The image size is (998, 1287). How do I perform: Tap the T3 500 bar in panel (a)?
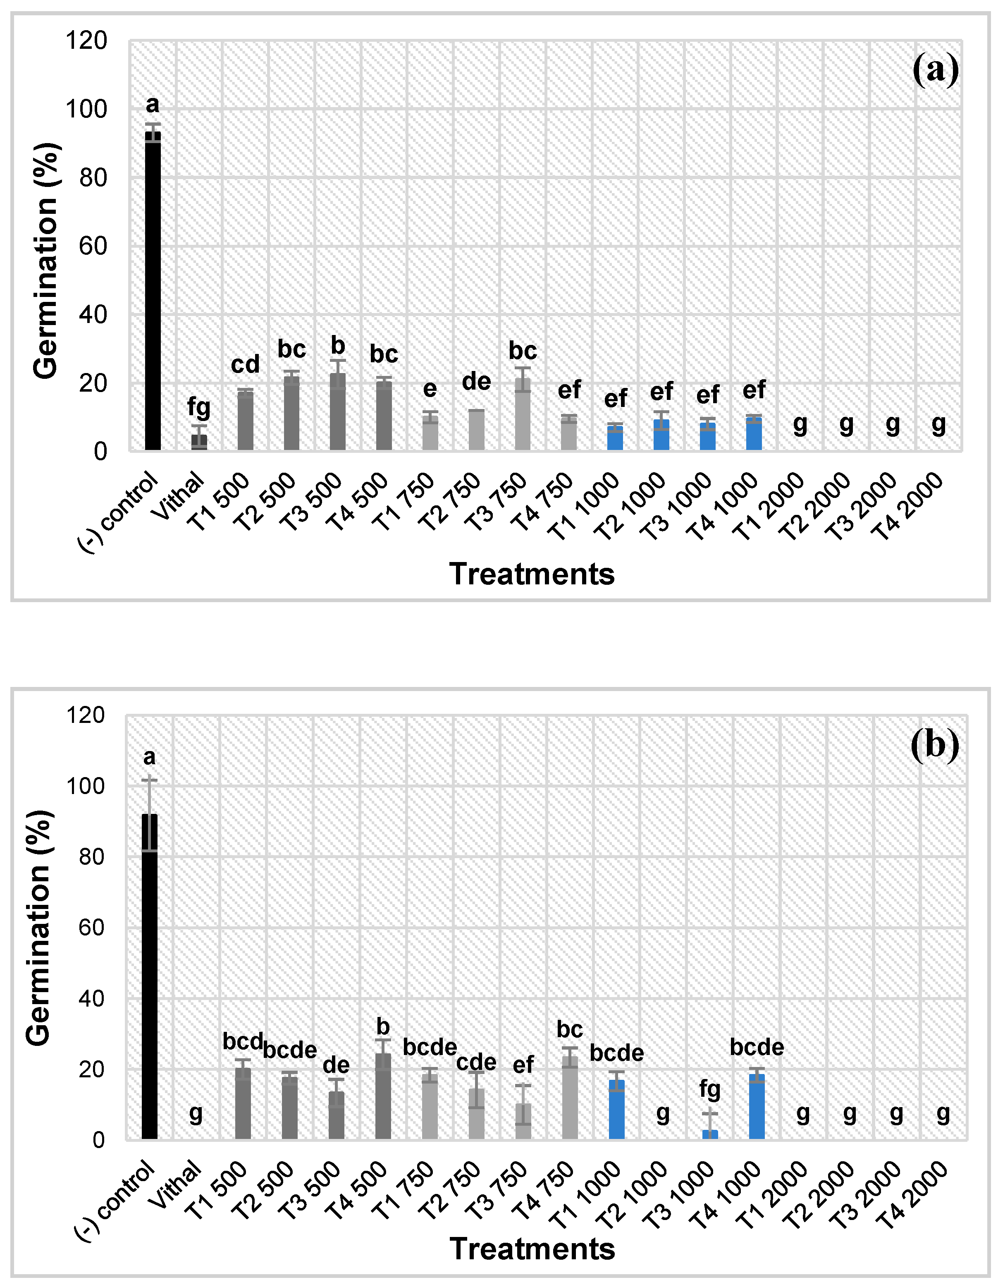click(338, 412)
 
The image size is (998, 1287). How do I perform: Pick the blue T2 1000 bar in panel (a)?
click(661, 435)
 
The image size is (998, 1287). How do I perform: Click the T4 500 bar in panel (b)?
click(383, 1097)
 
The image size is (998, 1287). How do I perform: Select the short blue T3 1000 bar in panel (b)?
click(710, 1135)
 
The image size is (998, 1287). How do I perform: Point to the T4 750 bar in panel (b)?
click(570, 1098)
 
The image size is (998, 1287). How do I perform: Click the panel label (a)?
click(935, 70)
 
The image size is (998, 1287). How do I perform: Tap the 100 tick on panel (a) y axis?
click(86, 110)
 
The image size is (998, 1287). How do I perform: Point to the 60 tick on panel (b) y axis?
click(91, 928)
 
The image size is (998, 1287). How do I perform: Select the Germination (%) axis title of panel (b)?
click(39, 928)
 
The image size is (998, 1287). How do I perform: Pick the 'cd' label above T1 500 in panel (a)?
click(245, 365)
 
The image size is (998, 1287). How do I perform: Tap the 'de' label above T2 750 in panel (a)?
click(476, 382)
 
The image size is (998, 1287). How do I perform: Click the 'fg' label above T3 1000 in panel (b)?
click(710, 1090)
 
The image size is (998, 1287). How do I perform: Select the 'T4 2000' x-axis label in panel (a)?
click(909, 507)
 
